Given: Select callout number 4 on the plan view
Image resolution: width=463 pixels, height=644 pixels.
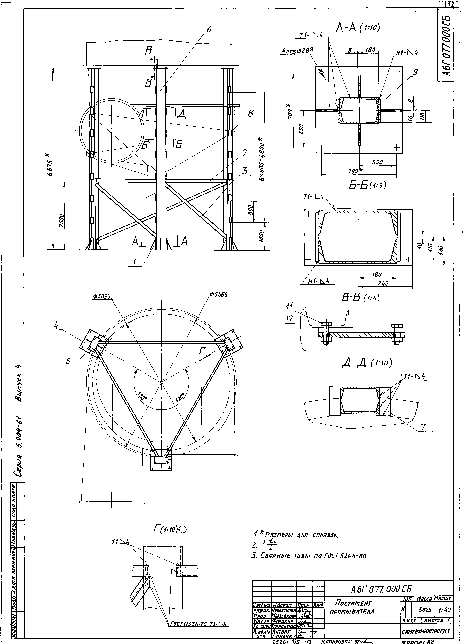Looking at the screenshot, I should tap(56, 326).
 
